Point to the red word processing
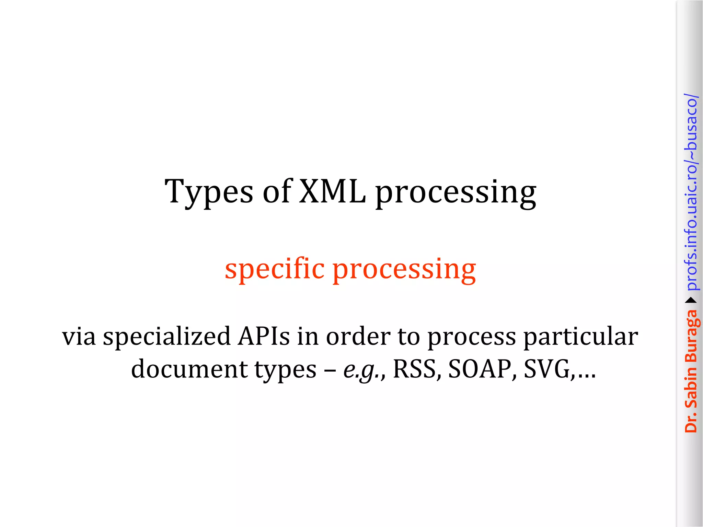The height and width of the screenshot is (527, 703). (404, 270)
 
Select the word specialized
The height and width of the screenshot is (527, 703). (167, 337)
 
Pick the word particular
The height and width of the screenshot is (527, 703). (580, 337)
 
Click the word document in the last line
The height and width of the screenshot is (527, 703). (189, 369)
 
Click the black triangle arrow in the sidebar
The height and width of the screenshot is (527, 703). (691, 301)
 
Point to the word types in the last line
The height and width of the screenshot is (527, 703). (286, 370)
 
